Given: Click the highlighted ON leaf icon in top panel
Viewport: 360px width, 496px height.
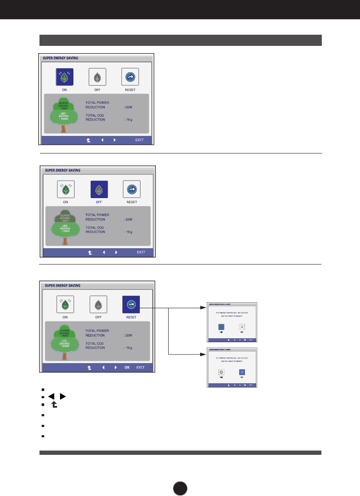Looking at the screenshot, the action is pos(64,78).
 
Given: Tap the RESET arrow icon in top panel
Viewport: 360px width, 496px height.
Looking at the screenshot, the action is pos(129,77).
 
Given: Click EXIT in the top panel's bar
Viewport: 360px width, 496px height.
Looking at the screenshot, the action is pos(139,140).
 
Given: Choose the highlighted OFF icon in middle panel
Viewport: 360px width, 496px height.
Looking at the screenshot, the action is pos(99,189).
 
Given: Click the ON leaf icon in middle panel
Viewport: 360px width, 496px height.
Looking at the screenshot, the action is pos(66,189).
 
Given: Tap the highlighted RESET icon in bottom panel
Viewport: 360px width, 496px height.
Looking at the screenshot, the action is pos(131,304).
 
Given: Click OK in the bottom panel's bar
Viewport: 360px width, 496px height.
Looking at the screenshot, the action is pos(127,367).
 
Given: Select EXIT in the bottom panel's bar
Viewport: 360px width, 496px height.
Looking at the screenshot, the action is pos(141,367).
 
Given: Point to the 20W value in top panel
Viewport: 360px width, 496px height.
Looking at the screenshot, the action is pos(129,107).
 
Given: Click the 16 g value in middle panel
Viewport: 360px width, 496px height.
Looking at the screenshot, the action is pos(128,232).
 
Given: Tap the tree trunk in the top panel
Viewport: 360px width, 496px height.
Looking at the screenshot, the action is pos(63,129).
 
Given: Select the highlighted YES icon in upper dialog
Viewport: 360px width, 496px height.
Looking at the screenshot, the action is pos(221,327).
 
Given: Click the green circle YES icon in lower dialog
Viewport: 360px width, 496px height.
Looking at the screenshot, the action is pos(221,372).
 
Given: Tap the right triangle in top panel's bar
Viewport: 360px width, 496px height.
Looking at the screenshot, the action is pos(115,140).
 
